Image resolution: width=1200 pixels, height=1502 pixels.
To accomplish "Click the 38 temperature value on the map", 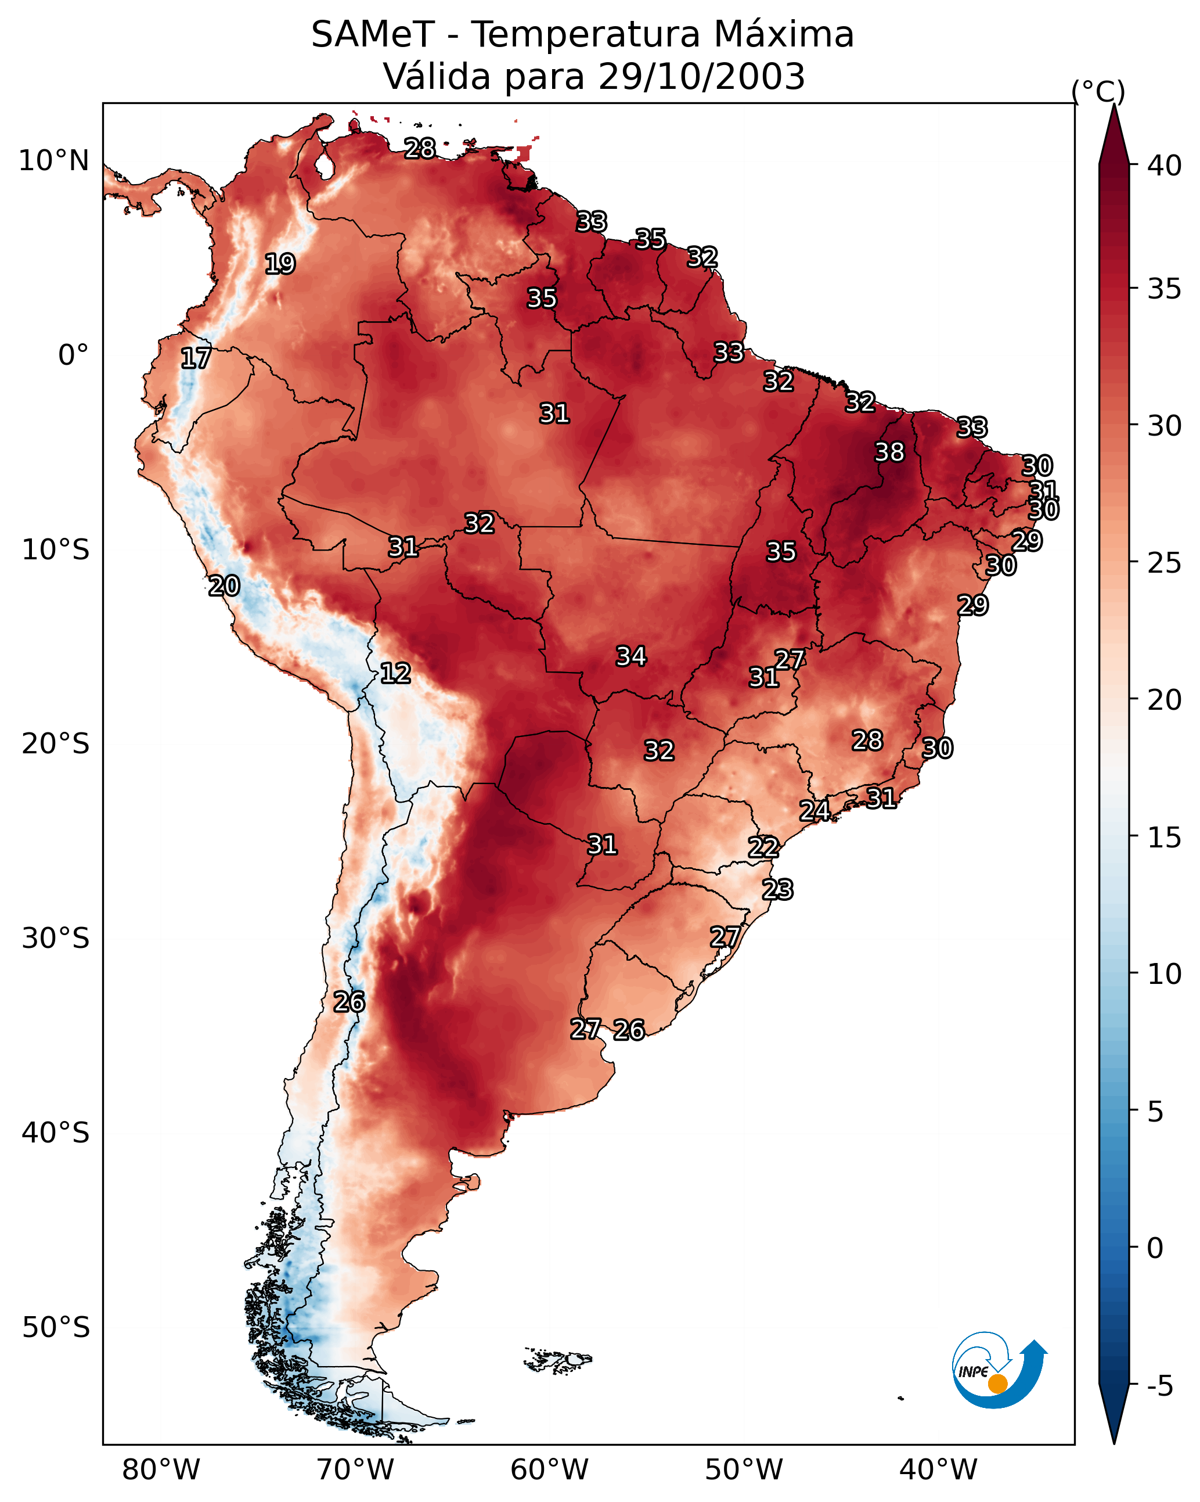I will click(889, 452).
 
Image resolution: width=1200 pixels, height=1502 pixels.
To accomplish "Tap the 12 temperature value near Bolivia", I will click(395, 673).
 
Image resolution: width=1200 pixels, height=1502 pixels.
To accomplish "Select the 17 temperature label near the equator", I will click(196, 358).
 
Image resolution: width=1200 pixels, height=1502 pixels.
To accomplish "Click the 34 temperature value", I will click(631, 656).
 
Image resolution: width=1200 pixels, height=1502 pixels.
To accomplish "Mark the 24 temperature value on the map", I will click(814, 810).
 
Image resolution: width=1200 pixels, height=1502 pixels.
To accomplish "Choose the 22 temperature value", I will click(763, 847).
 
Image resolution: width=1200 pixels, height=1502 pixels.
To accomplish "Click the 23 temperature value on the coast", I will click(777, 890).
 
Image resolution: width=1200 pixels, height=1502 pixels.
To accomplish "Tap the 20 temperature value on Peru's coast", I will click(224, 586).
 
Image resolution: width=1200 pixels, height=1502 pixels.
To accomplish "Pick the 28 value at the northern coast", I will click(420, 148).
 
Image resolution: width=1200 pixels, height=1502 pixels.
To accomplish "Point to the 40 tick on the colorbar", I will click(1165, 166).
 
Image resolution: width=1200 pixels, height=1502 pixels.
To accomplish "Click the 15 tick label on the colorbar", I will click(1165, 838).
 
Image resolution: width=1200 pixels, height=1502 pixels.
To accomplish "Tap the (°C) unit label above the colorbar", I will click(1098, 91).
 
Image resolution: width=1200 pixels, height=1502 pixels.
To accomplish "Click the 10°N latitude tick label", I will click(53, 161).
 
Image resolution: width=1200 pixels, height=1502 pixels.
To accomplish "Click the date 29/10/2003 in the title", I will click(701, 76).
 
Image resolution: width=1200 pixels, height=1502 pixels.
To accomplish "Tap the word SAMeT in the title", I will click(373, 34).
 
